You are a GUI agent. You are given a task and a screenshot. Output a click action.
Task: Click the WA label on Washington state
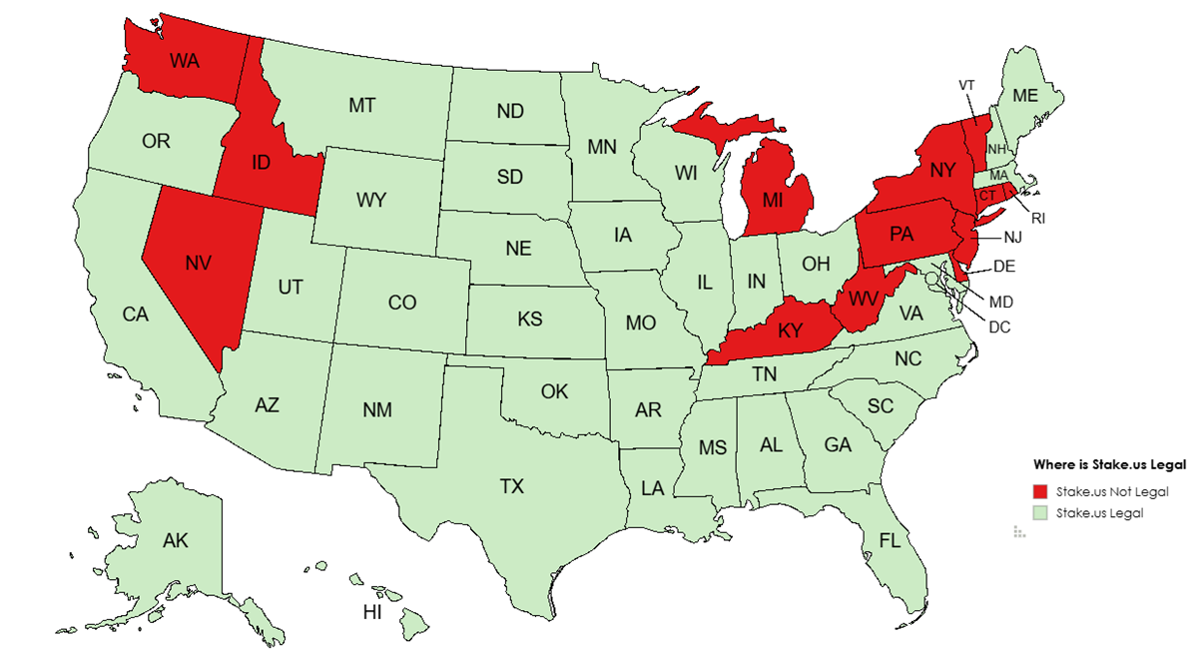(184, 60)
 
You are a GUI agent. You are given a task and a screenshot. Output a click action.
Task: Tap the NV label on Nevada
(199, 263)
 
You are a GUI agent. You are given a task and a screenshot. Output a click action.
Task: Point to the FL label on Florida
(891, 540)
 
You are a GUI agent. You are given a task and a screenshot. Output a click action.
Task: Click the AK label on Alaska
(176, 541)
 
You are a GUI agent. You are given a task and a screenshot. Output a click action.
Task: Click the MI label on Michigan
(773, 200)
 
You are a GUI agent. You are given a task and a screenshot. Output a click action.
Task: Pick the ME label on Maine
(1025, 96)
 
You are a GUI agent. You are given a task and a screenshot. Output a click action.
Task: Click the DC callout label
(999, 326)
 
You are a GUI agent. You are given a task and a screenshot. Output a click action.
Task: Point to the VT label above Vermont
(965, 85)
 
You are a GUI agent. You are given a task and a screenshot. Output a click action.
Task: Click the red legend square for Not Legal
(1040, 491)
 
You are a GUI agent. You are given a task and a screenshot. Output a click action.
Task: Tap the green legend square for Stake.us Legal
(1040, 512)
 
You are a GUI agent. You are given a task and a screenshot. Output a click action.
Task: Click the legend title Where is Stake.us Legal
(1109, 464)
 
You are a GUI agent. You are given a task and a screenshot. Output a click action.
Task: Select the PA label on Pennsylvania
(901, 235)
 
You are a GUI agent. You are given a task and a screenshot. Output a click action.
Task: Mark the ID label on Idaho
(261, 162)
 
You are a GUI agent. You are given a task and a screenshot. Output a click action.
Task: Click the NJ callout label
(1012, 238)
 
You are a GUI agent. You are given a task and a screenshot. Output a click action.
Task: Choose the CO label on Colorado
(402, 302)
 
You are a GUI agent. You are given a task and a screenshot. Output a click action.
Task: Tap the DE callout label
(1005, 268)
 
